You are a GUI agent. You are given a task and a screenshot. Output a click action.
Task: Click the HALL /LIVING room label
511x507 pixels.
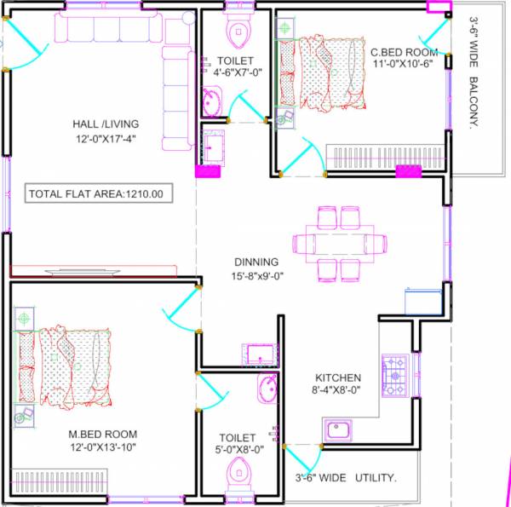(105, 124)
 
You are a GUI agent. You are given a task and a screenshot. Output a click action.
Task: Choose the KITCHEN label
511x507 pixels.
(338, 377)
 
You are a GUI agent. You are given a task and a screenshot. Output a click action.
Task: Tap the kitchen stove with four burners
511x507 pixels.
(395, 376)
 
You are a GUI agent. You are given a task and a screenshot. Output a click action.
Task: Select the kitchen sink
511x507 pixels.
(339, 430)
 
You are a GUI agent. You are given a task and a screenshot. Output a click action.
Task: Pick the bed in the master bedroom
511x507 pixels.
(68, 363)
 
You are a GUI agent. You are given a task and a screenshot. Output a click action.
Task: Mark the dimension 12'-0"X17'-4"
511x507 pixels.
(106, 138)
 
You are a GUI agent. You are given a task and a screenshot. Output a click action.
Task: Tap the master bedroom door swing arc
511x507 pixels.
(177, 311)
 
